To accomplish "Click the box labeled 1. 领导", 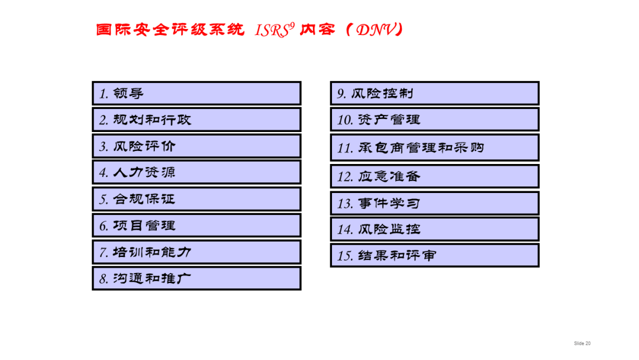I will coord(196,94).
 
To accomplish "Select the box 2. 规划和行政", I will coord(196,120).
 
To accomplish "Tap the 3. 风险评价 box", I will coord(196,146).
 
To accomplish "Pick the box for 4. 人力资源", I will coord(196,172).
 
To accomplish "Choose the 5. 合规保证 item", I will coord(196,199).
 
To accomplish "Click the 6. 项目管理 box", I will coord(196,226).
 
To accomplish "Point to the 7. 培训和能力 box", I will coord(196,252).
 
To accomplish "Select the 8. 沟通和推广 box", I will coord(196,278).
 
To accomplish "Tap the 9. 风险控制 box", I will coord(434,94).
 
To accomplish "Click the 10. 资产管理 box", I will coord(434,120).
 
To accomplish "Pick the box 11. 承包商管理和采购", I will coord(434,147).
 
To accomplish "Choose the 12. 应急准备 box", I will coord(434,176).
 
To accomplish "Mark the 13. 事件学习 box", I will coord(434,203).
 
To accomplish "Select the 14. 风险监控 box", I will coord(434,229).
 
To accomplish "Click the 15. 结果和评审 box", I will coord(434,256).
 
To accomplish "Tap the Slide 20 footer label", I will coord(582,343).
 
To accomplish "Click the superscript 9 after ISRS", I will coord(291,25).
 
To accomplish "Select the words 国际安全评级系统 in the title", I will coord(170,30).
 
